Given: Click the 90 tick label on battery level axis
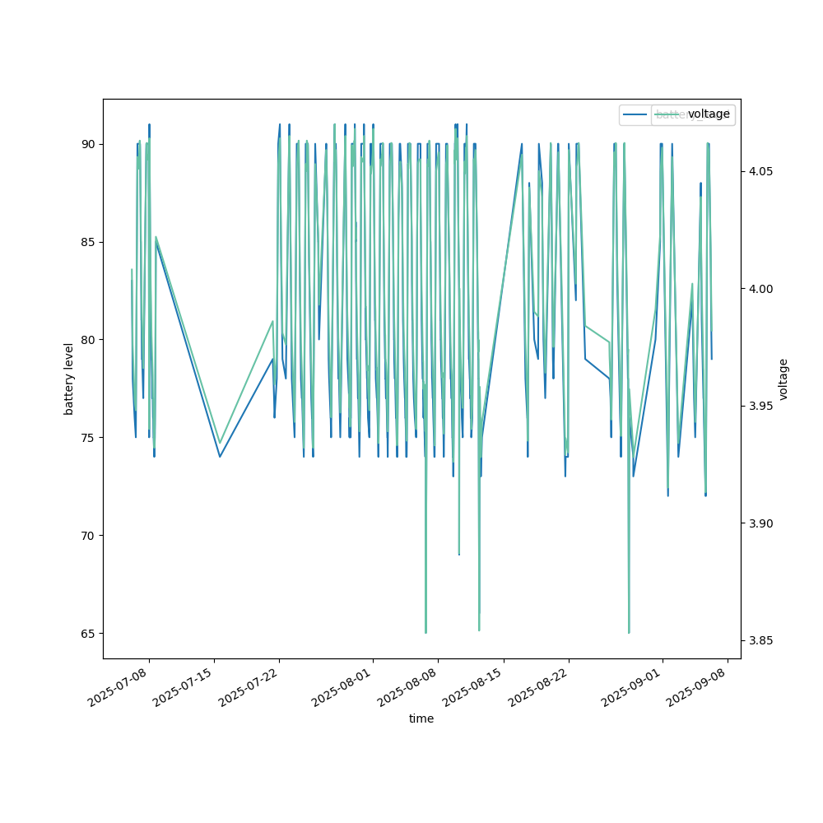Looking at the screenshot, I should point(86,144).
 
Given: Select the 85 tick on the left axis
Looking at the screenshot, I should point(86,242).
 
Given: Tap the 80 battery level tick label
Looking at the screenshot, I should point(86,340).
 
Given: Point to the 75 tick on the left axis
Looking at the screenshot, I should point(86,438).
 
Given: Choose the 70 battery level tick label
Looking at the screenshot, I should point(86,536).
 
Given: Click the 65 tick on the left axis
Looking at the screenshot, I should point(86,634).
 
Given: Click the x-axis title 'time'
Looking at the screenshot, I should point(421,718).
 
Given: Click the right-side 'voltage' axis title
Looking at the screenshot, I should point(783,379).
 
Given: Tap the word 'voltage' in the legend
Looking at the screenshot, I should point(709,114).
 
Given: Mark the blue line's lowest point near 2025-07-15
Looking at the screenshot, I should point(220,457).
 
